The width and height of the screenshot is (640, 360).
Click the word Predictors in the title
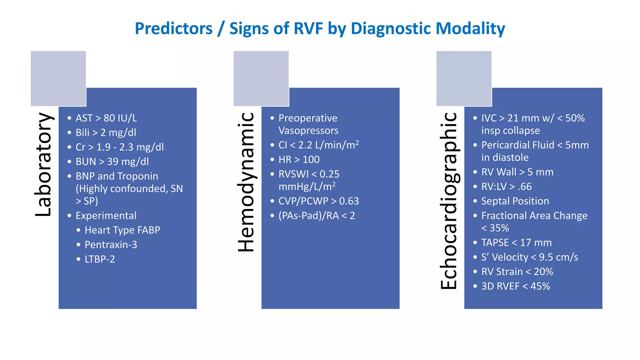[x=173, y=28]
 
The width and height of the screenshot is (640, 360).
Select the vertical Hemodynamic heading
[x=246, y=182]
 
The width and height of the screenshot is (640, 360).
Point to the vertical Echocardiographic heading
[x=449, y=201]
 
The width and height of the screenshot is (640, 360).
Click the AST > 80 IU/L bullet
[x=106, y=118]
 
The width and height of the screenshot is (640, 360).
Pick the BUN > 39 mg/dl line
[x=112, y=162]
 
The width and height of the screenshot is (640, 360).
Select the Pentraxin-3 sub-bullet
[x=111, y=245]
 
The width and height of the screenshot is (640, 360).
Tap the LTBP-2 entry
[x=100, y=259]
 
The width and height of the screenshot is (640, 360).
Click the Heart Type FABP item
[x=122, y=230]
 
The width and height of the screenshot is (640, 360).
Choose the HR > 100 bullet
[x=299, y=160]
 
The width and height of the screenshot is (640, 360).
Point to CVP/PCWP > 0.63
[x=318, y=201]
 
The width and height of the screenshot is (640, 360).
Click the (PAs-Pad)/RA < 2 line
[x=317, y=216]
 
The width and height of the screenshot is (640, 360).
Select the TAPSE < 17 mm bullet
[x=516, y=242]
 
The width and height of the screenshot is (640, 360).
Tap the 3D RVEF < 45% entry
[x=515, y=286]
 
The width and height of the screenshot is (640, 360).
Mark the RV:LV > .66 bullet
[x=506, y=187]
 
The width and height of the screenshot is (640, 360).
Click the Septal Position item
[x=515, y=201]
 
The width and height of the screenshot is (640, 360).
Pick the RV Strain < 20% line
[x=517, y=272]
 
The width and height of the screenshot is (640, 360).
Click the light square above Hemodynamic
[x=261, y=78]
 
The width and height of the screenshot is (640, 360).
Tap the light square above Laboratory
[x=58, y=78]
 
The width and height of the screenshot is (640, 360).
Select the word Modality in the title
[x=470, y=28]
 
